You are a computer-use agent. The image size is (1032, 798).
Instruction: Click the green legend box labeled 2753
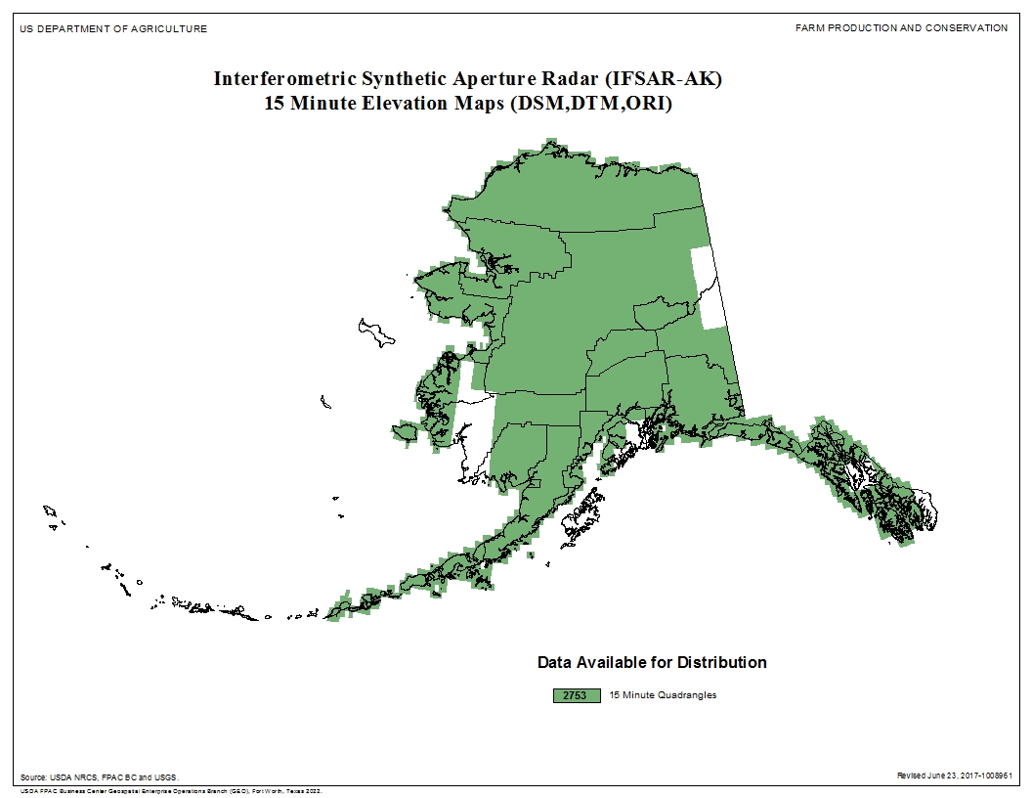click(x=576, y=695)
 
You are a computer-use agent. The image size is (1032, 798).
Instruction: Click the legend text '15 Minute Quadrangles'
click(x=663, y=695)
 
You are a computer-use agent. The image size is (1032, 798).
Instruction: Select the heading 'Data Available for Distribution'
click(x=652, y=663)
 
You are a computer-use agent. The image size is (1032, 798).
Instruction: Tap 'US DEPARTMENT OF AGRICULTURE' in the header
click(x=113, y=28)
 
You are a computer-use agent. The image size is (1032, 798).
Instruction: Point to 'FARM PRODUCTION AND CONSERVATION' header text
click(x=901, y=28)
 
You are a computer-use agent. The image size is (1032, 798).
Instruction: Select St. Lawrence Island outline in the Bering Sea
click(x=375, y=332)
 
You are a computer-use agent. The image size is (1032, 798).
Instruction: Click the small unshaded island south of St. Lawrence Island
click(x=325, y=402)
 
